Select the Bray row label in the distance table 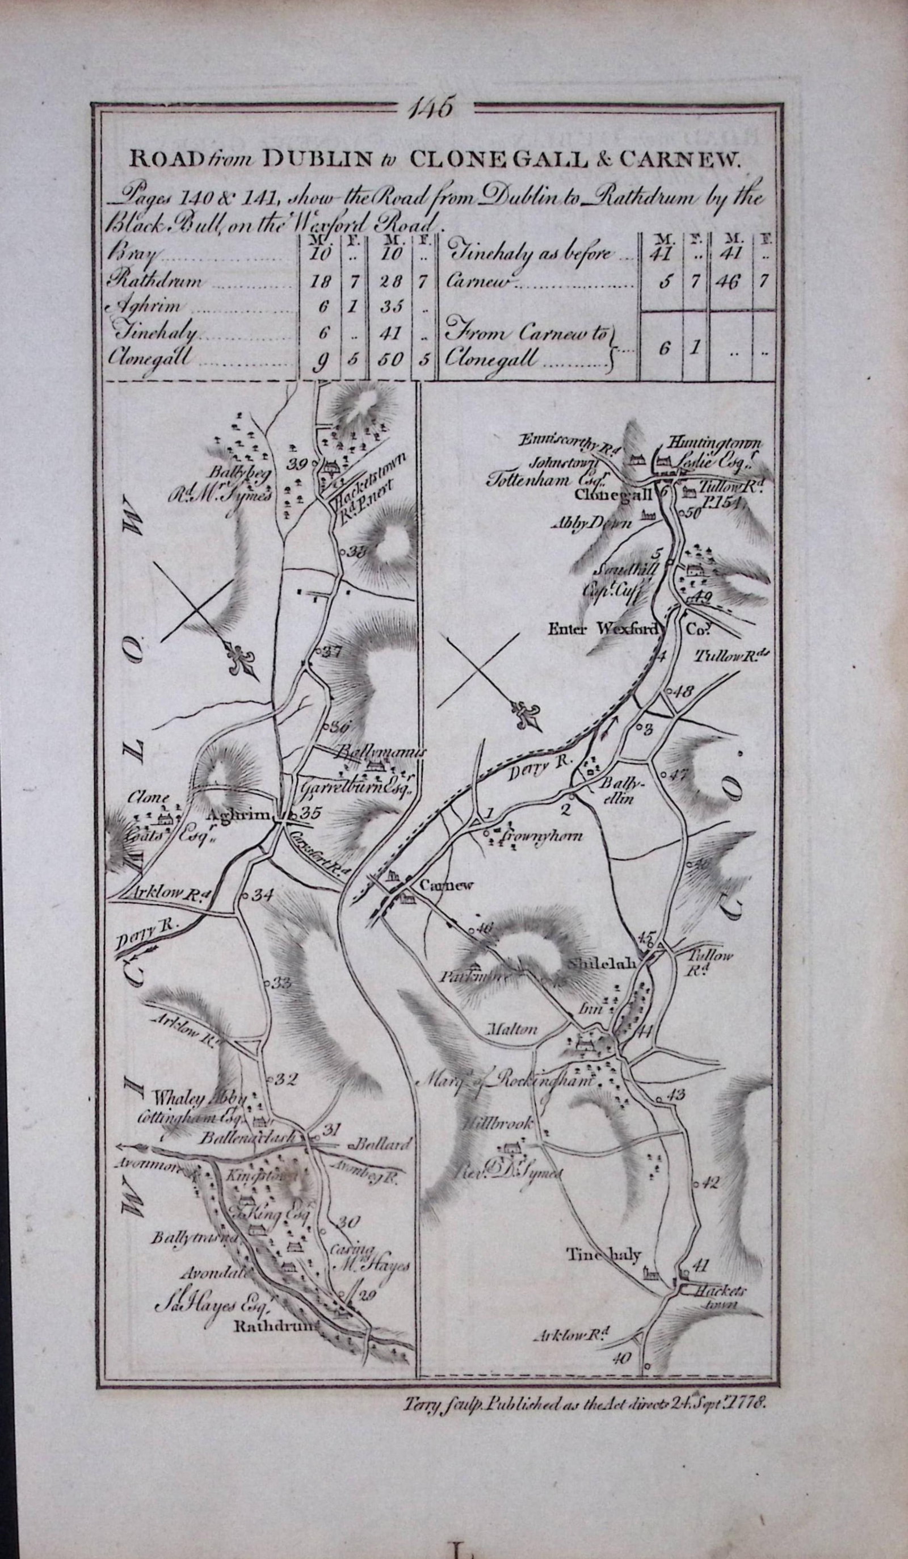coord(133,254)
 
